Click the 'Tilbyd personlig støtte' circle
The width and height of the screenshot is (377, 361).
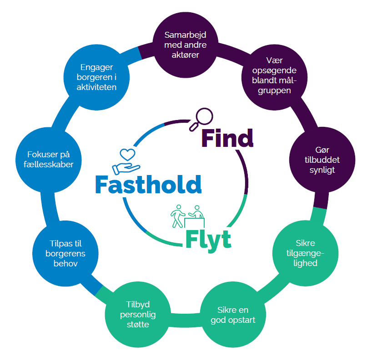point(137,315)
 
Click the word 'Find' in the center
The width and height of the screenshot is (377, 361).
point(227,138)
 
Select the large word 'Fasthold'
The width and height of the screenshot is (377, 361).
point(148,184)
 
